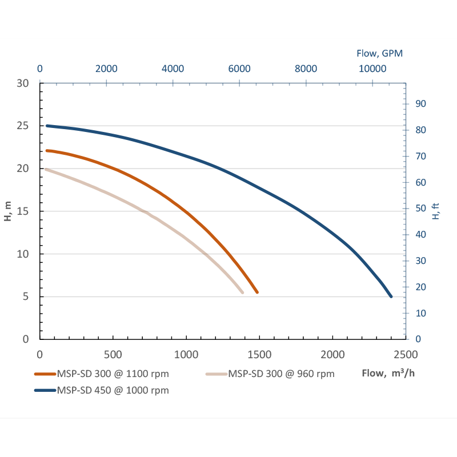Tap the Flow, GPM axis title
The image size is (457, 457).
pos(380,54)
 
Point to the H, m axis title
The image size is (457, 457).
pos(8,211)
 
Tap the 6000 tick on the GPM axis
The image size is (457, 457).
pos(239,69)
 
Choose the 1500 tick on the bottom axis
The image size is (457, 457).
pos(259,354)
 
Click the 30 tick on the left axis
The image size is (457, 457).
pos(23,83)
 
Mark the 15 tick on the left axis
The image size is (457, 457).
pos(23,211)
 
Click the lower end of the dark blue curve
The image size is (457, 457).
pos(391,296)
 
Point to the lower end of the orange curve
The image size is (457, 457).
pos(257,292)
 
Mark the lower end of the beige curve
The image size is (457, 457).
pos(242,292)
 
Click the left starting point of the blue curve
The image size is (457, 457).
pos(47,126)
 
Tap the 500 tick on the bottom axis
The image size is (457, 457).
pos(113,354)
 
